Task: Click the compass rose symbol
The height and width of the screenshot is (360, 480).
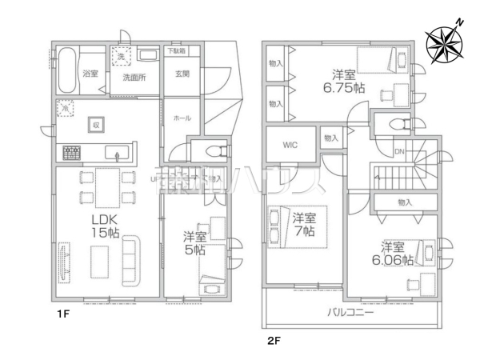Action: pyautogui.click(x=442, y=43)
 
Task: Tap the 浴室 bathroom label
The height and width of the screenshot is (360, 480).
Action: pyautogui.click(x=90, y=73)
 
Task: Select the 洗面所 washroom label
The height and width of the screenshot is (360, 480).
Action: pyautogui.click(x=133, y=78)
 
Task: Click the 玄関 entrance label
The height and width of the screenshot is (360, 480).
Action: pyautogui.click(x=182, y=73)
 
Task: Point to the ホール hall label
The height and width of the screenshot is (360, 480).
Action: pyautogui.click(x=182, y=118)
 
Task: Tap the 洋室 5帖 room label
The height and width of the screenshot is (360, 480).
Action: pyautogui.click(x=194, y=243)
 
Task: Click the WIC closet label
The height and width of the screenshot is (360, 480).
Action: pyautogui.click(x=289, y=145)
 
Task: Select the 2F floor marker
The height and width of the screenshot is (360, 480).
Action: pyautogui.click(x=274, y=339)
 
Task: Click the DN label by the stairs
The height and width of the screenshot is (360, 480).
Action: pyautogui.click(x=398, y=151)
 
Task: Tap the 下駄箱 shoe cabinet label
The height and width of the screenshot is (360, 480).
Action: pyautogui.click(x=176, y=50)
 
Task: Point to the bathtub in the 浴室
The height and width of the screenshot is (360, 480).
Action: pyautogui.click(x=66, y=70)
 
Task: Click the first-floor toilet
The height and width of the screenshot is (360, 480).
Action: pyautogui.click(x=211, y=153)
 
